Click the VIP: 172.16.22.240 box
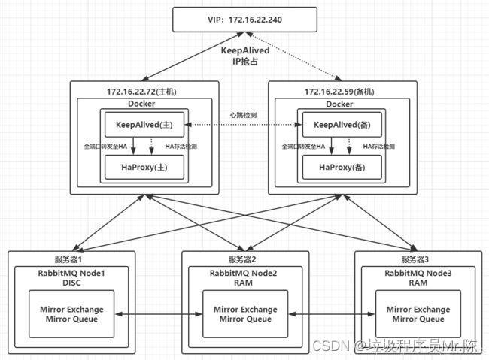point(245,18)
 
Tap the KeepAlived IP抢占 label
point(244,56)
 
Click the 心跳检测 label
point(242,115)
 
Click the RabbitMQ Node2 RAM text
point(245,277)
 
